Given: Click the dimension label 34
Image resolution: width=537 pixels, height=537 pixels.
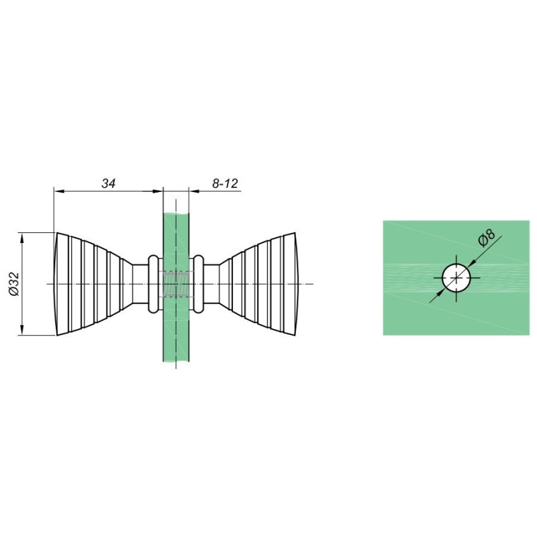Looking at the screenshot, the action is coord(109,183).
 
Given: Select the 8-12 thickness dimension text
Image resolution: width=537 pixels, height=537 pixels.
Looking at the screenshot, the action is coord(225,183).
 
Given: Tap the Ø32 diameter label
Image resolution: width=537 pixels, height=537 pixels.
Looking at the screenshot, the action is coord(13,284).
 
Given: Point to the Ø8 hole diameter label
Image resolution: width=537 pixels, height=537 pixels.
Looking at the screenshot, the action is coord(487,238).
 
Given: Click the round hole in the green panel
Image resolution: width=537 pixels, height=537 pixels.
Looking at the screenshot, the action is coord(456,278).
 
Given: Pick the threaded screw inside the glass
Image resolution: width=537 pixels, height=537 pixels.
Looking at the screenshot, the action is coord(176,284).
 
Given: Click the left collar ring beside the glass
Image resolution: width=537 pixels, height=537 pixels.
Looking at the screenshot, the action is coord(153,284).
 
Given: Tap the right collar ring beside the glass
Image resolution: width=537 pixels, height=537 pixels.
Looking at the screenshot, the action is coord(199,284).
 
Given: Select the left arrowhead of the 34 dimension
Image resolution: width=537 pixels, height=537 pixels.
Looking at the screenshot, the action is coord(59,191).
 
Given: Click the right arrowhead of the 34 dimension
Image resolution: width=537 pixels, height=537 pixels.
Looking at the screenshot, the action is coord(157,191).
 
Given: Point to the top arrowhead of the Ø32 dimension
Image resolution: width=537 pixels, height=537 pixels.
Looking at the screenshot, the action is coord(22,238).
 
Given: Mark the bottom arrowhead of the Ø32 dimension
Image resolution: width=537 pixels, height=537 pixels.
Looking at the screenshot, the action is coord(22,330).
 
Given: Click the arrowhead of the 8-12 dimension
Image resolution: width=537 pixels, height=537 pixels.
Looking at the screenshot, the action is coord(195,191).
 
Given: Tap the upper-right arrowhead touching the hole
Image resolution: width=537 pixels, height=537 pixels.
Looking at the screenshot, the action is coord(471,262).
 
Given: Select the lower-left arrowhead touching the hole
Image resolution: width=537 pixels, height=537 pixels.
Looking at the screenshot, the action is coord(441,293).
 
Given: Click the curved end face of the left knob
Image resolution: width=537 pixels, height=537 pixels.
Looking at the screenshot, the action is coord(56,284).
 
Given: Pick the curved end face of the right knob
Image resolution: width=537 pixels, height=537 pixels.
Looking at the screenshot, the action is coord(296,284).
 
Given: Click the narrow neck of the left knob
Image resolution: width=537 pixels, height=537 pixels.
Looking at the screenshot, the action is coord(140,284).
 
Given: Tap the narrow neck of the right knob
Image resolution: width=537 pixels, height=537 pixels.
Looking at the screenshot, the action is coord(211,284).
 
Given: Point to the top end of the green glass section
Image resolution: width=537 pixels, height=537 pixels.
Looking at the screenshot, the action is coord(176,214).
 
